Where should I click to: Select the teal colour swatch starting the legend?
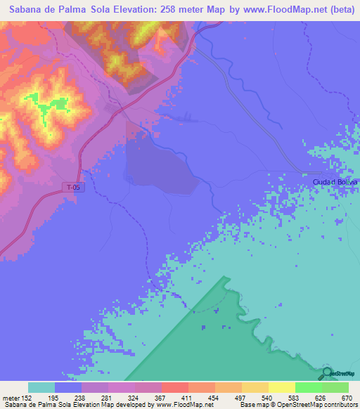click(41, 387)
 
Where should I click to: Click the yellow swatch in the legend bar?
click(281, 387)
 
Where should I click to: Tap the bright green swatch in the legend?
click(308, 387)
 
